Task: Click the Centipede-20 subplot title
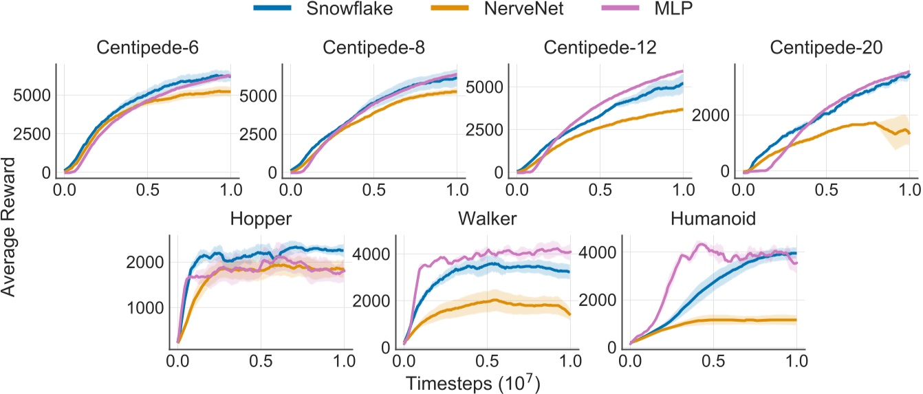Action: click(x=823, y=49)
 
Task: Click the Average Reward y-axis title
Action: click(x=10, y=226)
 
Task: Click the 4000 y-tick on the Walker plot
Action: click(x=369, y=253)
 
